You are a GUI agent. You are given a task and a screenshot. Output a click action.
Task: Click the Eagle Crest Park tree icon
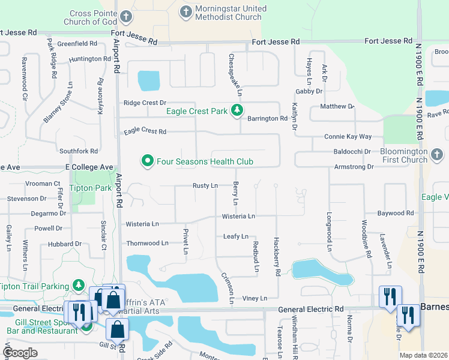click(238, 110)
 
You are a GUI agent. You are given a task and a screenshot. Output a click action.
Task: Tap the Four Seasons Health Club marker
click(146, 161)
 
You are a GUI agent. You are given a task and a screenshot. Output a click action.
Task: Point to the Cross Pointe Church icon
click(125, 16)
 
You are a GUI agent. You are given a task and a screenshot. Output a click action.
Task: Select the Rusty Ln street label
click(205, 186)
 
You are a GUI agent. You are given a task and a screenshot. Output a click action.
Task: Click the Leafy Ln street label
click(235, 237)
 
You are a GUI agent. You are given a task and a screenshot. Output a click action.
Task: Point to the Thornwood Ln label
click(147, 243)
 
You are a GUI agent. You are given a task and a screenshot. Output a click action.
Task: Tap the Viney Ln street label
click(255, 298)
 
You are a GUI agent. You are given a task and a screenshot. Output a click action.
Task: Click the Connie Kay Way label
click(348, 137)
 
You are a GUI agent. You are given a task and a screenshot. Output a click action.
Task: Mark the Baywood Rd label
click(395, 213)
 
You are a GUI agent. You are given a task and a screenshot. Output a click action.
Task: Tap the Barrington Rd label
click(268, 119)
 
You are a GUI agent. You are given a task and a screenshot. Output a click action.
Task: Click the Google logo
click(20, 352)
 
